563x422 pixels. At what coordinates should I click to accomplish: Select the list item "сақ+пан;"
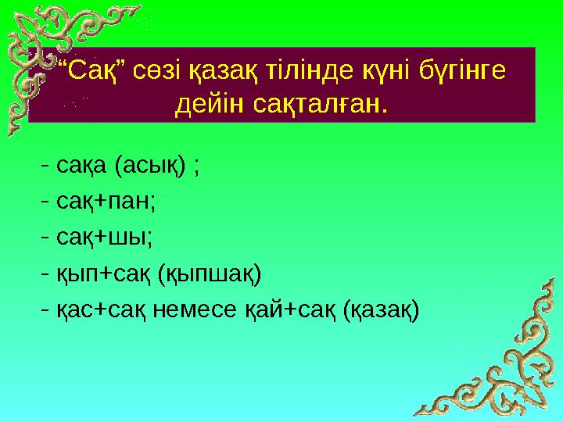click(106, 202)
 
